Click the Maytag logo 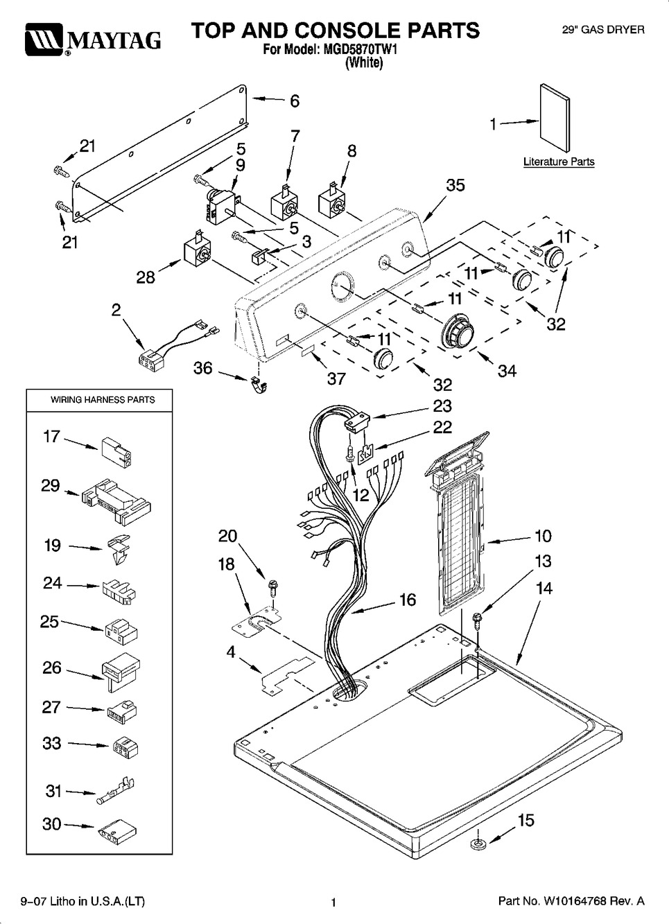[x=93, y=40]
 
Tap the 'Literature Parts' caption [x=559, y=162]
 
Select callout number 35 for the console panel [x=455, y=185]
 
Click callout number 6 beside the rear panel [x=295, y=101]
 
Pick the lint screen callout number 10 [x=543, y=536]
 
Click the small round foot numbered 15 [x=479, y=844]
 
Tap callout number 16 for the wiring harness [x=407, y=600]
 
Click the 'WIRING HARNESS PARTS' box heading [x=103, y=400]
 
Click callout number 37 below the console [x=336, y=378]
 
